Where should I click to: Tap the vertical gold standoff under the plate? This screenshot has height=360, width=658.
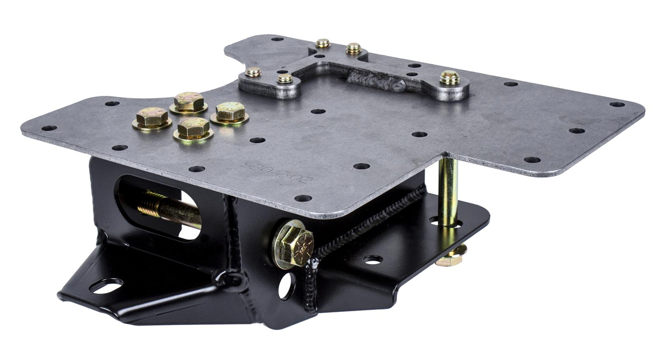click(447, 191)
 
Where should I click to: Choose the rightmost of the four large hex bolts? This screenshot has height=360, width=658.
click(230, 112)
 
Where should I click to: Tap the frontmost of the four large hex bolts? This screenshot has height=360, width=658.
click(193, 129)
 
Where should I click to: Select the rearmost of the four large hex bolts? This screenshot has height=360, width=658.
click(188, 101)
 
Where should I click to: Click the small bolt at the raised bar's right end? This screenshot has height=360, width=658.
click(450, 77)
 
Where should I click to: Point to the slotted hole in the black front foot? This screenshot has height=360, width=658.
click(105, 286)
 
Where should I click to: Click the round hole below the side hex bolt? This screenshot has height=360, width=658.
click(286, 285)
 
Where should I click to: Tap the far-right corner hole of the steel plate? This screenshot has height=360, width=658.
click(617, 104)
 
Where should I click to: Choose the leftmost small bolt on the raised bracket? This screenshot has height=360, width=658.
click(253, 72)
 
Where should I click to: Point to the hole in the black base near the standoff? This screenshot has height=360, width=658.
click(373, 259)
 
